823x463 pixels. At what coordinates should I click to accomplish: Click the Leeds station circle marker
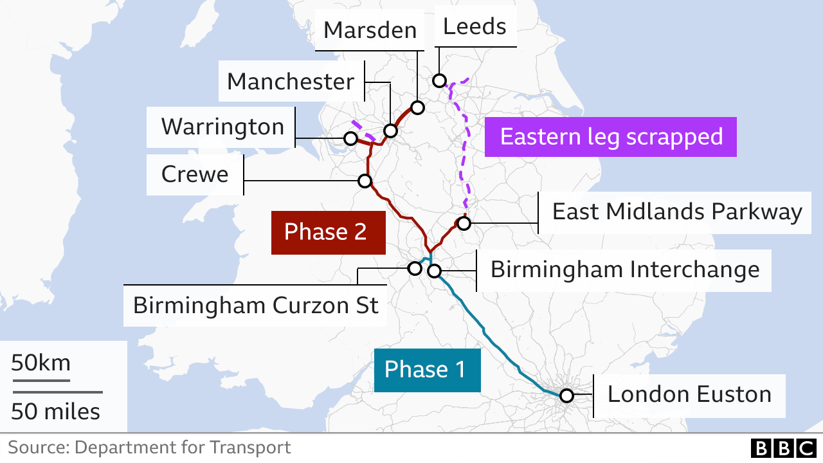coord(439,80)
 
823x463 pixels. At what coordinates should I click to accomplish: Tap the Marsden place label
coord(370,30)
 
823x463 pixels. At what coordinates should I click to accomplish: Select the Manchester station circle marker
coord(390,131)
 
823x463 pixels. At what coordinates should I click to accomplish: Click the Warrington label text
coord(222,127)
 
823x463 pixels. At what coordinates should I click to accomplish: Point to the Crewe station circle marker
coord(365,181)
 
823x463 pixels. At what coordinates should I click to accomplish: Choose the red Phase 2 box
coord(328,232)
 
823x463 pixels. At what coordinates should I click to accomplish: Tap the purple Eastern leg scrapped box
coord(611,137)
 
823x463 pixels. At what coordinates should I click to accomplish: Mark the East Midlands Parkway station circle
coord(464,223)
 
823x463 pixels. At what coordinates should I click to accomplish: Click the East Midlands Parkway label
coord(677,212)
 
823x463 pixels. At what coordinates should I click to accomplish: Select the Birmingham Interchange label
coord(624,269)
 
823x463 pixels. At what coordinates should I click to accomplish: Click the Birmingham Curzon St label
coord(256,305)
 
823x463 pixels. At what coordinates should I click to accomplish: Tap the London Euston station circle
coord(566,395)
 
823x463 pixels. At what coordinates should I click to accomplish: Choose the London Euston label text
coord(689,394)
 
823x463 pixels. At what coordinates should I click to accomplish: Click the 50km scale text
coord(41,363)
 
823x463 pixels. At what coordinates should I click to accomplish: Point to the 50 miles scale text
coord(55,412)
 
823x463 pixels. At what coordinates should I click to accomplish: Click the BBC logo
coord(782,448)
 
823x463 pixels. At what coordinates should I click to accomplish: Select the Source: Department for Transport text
coord(149,448)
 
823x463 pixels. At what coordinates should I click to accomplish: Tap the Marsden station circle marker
coord(417,107)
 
